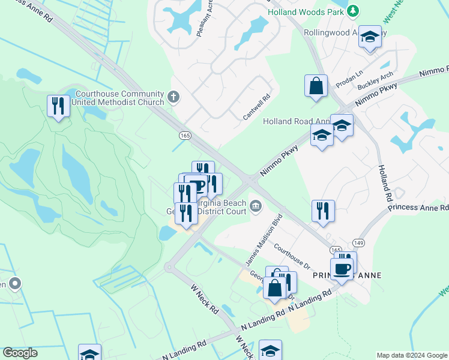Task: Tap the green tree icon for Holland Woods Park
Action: [354, 10]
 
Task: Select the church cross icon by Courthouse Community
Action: [173, 97]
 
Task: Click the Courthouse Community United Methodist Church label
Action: [118, 98]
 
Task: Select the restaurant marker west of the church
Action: [58, 106]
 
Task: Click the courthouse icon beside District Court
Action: [256, 207]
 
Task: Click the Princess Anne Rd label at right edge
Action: [418, 208]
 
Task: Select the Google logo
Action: [20, 353]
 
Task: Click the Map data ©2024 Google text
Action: [412, 355]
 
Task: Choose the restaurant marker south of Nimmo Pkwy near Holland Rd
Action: [323, 211]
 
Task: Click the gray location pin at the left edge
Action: [15, 282]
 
